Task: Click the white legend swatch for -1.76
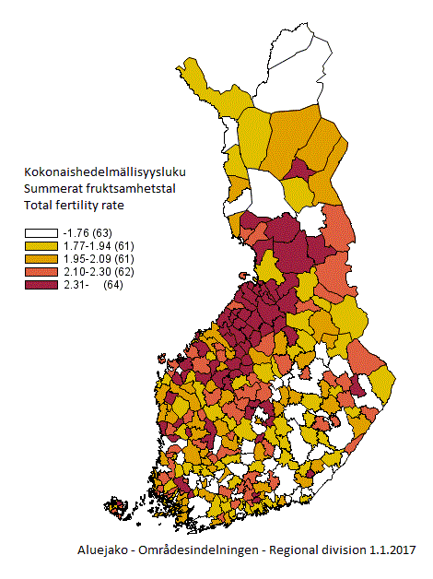[x=41, y=232]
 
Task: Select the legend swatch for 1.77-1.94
[x=41, y=246]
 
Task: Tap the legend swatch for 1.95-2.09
[x=41, y=259]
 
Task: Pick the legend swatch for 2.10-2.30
[x=41, y=272]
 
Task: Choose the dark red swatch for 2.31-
[x=41, y=285]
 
